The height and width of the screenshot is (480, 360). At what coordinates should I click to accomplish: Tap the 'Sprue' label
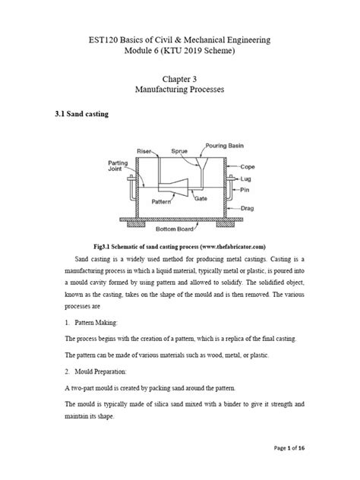click(x=179, y=151)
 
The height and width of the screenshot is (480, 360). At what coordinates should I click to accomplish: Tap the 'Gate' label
click(x=201, y=198)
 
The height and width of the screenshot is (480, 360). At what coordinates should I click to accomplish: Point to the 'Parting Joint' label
click(x=115, y=166)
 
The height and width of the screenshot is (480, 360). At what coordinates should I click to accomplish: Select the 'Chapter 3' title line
click(x=180, y=77)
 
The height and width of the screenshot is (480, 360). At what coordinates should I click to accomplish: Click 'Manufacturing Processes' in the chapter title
click(x=180, y=90)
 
